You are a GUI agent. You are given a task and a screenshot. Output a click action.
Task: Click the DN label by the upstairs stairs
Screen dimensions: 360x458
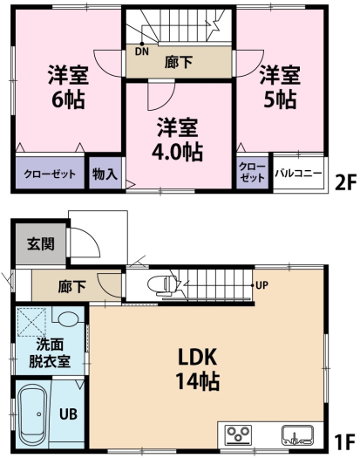click(x=142, y=51)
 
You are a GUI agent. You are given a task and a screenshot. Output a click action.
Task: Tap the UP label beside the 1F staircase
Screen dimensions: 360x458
click(x=262, y=285)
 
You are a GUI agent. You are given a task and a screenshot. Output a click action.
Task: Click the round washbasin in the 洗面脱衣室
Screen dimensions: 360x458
click(x=69, y=318)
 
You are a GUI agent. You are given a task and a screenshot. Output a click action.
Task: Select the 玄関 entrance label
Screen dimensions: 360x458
click(x=41, y=243)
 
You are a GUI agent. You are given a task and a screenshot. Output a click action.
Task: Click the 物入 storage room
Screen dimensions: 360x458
click(x=105, y=173)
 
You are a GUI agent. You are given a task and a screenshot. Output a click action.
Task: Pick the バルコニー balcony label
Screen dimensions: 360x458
click(x=298, y=174)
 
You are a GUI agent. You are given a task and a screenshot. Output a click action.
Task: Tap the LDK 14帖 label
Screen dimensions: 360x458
click(x=197, y=369)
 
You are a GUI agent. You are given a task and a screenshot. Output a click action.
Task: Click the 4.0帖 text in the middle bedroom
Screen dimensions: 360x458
click(x=177, y=152)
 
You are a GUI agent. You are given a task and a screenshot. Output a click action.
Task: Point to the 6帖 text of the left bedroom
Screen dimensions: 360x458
click(x=68, y=99)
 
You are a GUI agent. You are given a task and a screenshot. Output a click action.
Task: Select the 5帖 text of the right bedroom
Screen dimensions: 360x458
click(x=280, y=99)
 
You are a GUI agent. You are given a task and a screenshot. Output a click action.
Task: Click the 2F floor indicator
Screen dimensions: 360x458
click(x=345, y=183)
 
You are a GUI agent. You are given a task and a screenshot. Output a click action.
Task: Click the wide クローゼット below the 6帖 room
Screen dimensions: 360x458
click(x=50, y=173)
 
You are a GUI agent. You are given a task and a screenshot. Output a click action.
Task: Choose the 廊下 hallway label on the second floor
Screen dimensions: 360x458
click(x=179, y=62)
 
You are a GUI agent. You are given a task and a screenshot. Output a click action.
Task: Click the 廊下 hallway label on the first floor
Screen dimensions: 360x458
click(x=71, y=286)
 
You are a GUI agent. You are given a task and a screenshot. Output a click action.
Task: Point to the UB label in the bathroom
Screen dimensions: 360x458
click(x=69, y=414)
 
